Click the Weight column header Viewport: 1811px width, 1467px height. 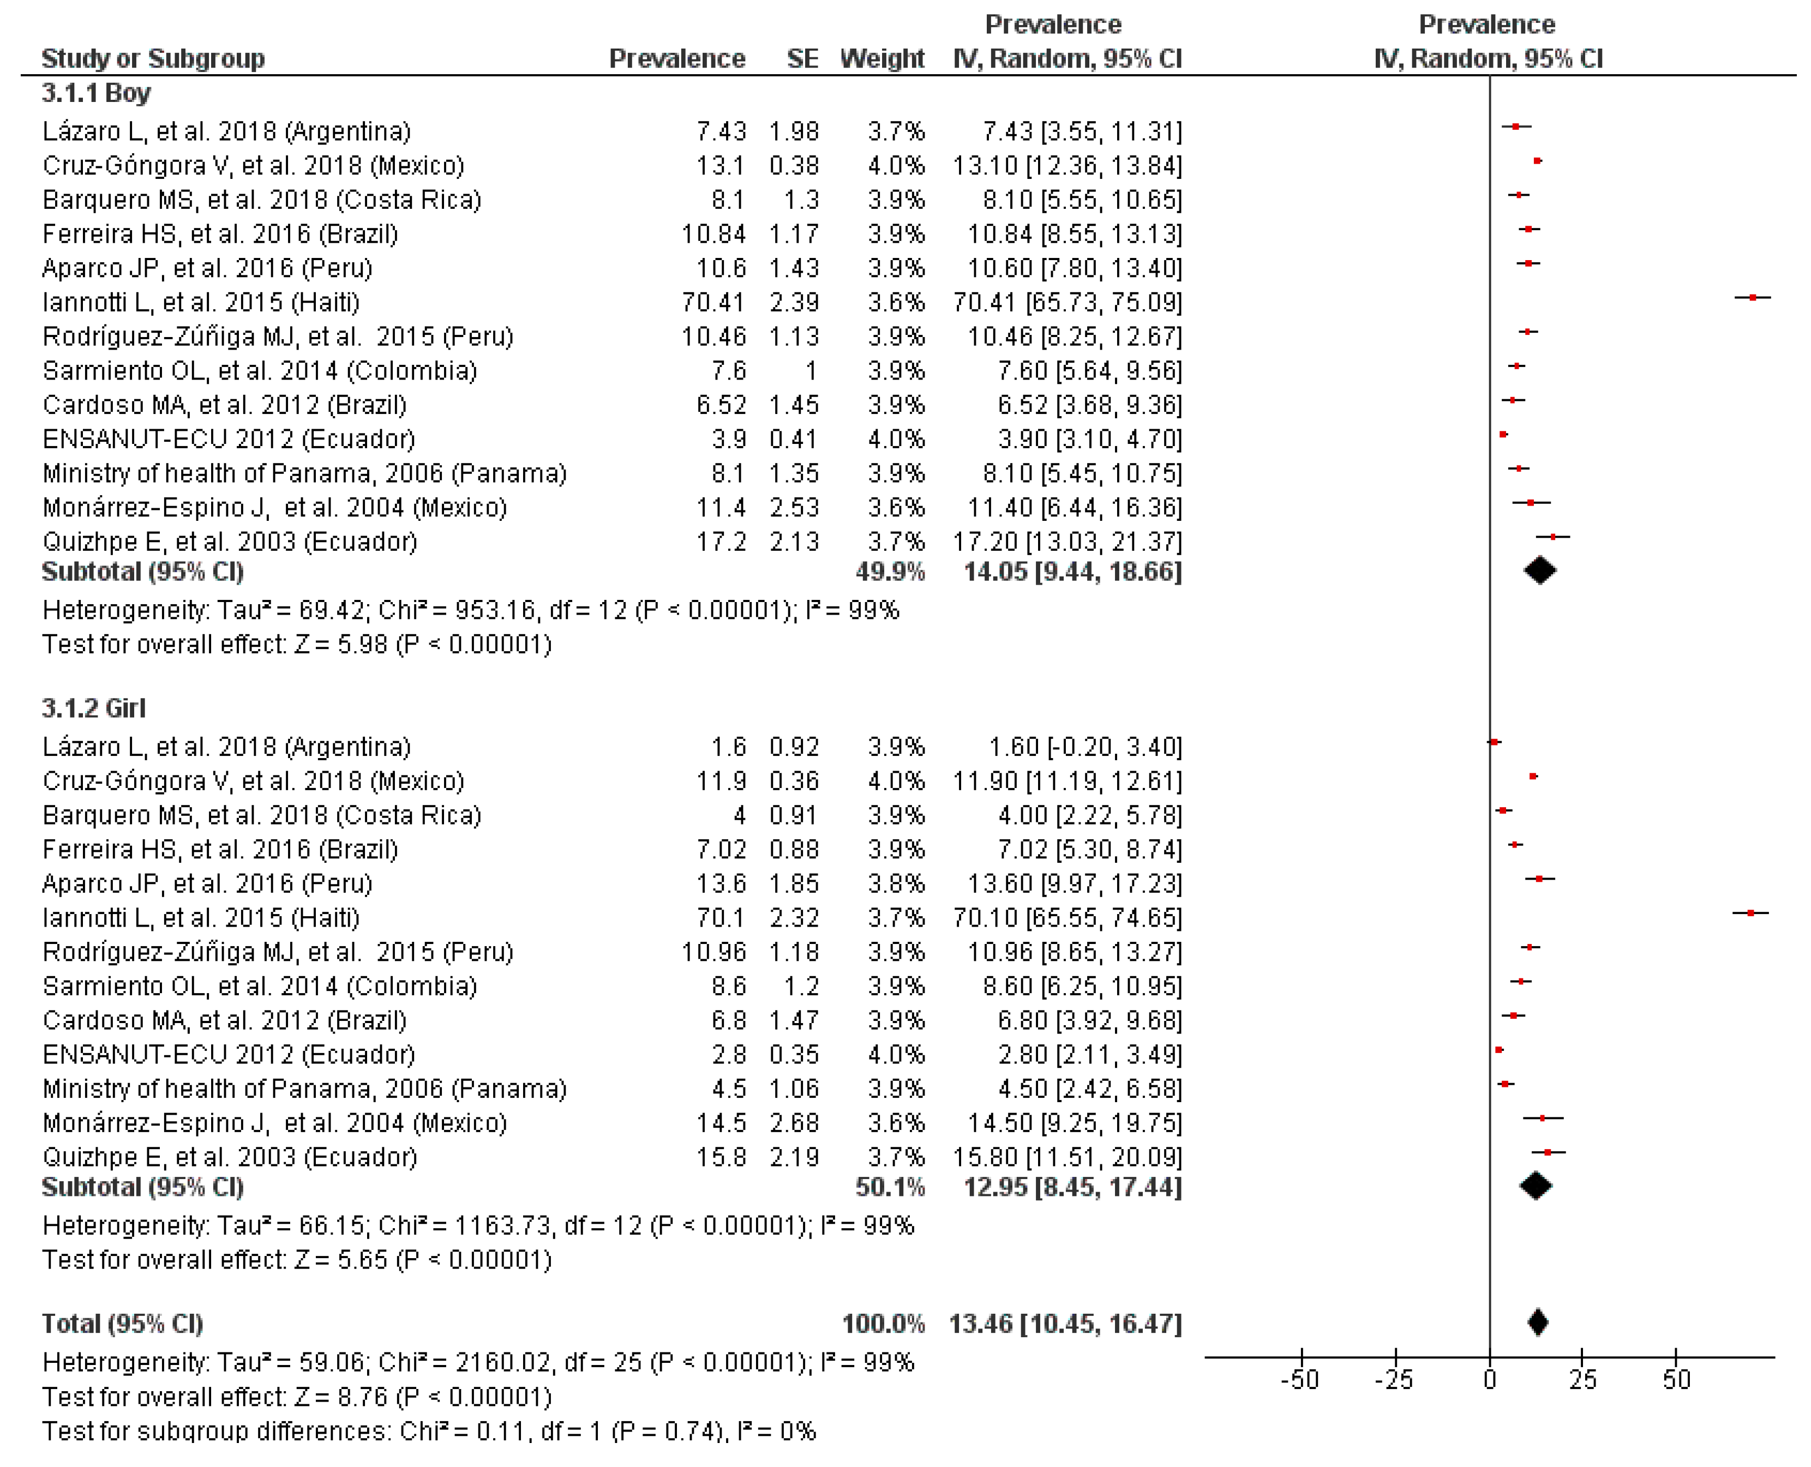point(881,58)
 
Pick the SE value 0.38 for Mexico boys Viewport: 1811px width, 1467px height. point(794,166)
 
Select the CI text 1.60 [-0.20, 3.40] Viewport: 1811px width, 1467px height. point(1084,747)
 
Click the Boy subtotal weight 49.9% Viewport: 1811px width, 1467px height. point(890,572)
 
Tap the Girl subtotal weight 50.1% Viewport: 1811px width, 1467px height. point(890,1187)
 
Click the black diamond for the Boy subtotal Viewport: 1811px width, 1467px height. point(1540,571)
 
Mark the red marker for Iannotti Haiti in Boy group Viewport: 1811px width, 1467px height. point(1753,297)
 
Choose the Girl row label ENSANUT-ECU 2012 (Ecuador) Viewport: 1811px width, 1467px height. point(228,1055)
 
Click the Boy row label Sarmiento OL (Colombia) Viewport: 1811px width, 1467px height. point(260,371)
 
